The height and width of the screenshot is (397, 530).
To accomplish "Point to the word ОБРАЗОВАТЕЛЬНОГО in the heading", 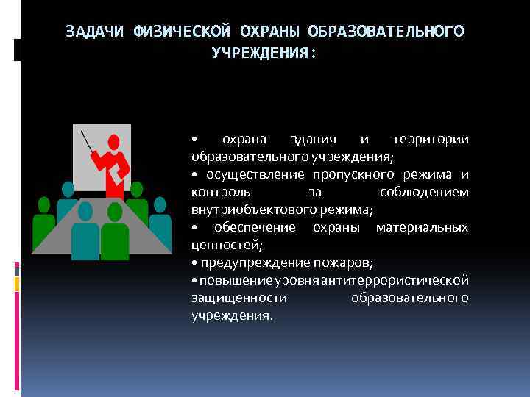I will [386, 32].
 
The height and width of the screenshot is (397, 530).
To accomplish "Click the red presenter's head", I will [113, 141].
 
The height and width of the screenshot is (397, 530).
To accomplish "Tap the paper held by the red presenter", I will [119, 168].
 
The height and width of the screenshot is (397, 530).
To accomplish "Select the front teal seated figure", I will [85, 231].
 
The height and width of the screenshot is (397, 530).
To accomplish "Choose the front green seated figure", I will [115, 231].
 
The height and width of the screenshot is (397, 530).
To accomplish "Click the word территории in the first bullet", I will [431, 140].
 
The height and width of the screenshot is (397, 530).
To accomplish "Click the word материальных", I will [422, 228].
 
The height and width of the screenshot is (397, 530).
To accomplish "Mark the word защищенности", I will [240, 298].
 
